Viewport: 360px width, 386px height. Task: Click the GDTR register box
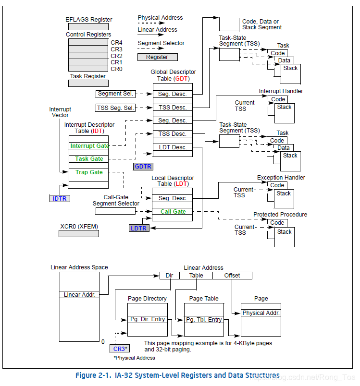[x=143, y=167]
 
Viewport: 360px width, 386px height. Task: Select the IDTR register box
[x=60, y=198]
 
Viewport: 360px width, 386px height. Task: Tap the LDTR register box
[x=138, y=228]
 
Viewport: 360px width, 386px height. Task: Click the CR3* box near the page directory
[x=120, y=349]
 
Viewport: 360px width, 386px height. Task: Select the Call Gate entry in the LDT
[x=173, y=212]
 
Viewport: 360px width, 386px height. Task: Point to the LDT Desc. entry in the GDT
[x=173, y=147]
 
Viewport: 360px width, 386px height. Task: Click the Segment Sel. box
[x=116, y=94]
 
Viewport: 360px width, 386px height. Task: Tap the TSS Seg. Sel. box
[x=116, y=108]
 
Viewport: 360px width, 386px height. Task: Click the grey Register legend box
[x=157, y=57]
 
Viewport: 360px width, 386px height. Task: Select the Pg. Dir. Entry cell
[x=147, y=320]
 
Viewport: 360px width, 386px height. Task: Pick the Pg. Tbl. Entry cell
[x=204, y=320]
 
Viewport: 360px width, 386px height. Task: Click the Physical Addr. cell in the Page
[x=261, y=313]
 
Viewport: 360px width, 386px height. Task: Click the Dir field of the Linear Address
[x=169, y=276]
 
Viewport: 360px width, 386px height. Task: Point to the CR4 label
[x=116, y=43]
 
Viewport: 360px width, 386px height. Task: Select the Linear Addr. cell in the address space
[x=79, y=294]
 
